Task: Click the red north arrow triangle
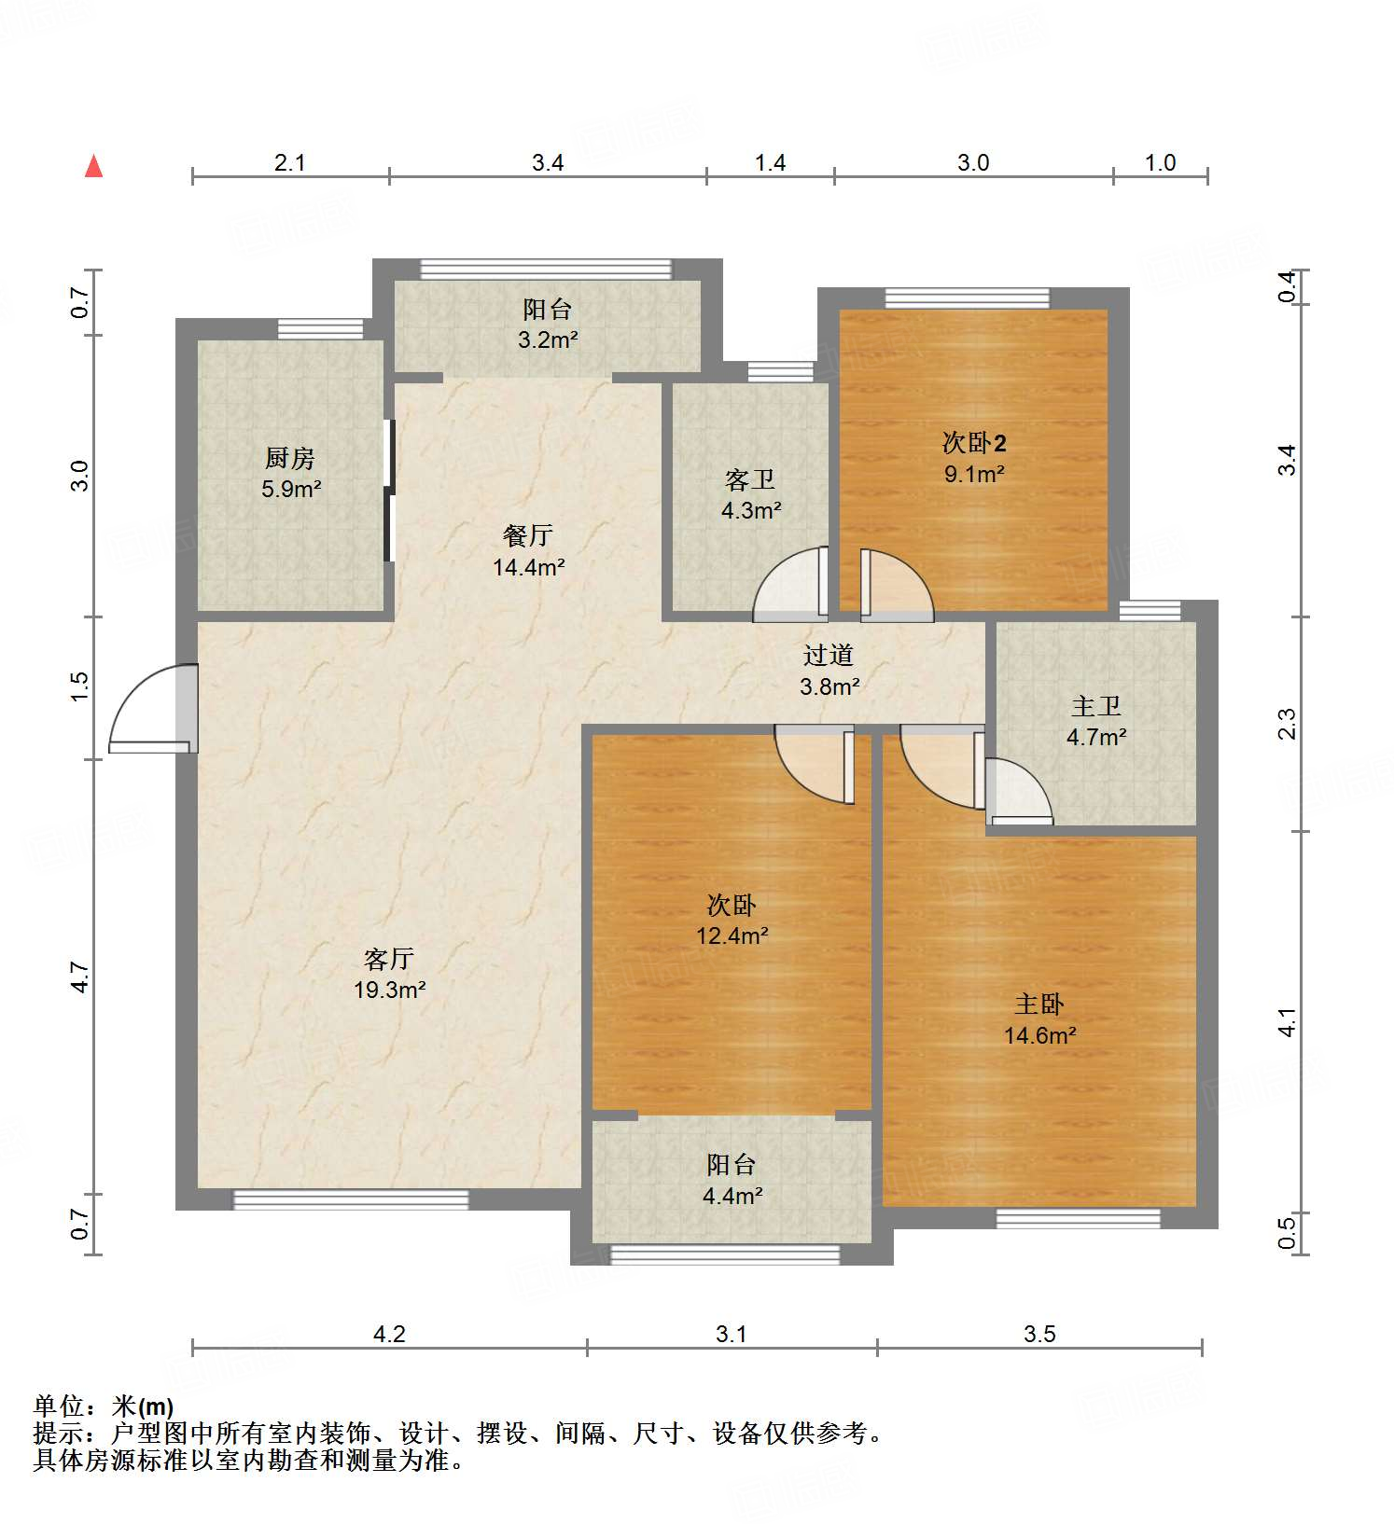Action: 93,167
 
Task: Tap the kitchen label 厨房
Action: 290,458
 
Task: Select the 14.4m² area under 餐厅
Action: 529,566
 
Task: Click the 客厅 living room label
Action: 389,959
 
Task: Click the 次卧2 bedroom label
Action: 974,443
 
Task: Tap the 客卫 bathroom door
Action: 791,586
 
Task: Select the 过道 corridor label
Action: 829,656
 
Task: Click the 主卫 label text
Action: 1095,706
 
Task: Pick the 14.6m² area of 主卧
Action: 1040,1035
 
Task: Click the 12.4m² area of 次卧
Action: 732,935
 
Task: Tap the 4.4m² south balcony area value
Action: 732,1195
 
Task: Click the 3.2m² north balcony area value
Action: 548,339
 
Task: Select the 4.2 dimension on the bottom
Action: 389,1335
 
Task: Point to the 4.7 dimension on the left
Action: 80,977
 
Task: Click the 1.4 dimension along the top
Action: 770,163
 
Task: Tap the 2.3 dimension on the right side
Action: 1288,724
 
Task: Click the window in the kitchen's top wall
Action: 320,328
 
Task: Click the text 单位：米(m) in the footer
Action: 104,1406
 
